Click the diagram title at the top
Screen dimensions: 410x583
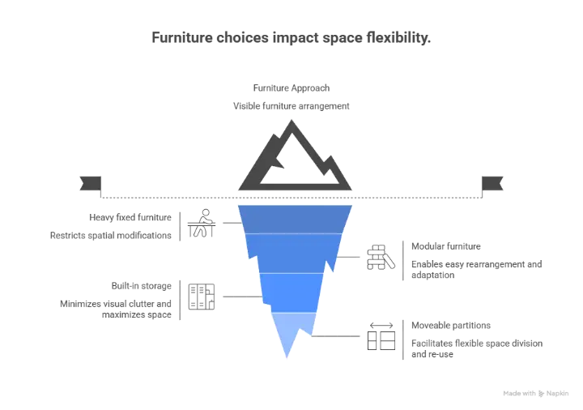291,36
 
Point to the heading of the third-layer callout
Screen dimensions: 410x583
142,285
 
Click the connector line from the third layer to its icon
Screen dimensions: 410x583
240,295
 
